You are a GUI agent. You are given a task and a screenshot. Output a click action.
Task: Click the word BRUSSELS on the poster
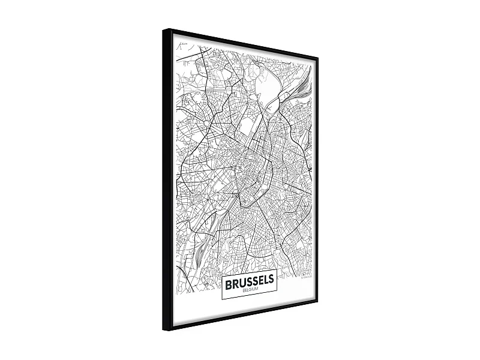point(250,280)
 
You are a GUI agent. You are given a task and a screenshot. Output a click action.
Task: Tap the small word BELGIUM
point(250,289)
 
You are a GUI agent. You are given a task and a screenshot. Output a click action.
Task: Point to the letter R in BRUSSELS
point(235,281)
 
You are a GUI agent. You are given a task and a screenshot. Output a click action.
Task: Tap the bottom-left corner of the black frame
point(163,331)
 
